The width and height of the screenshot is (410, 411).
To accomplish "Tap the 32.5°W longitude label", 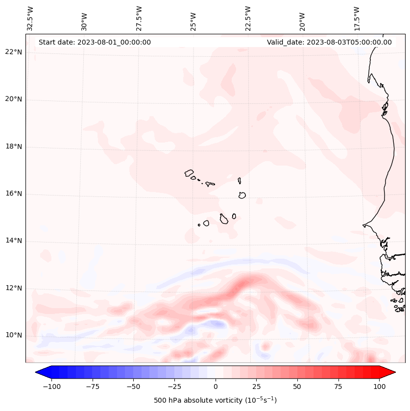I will pyautogui.click(x=30, y=18).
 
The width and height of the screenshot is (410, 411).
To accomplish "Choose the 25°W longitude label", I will pyautogui.click(x=193, y=19).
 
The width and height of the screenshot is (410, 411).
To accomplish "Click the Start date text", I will pyautogui.click(x=95, y=42).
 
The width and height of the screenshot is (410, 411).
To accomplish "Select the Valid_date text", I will pyautogui.click(x=329, y=42).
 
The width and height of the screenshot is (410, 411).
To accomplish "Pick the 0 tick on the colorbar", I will pyautogui.click(x=216, y=387).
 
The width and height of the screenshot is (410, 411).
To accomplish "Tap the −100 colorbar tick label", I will pyautogui.click(x=51, y=387).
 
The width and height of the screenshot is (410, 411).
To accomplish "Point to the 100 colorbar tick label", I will pyautogui.click(x=379, y=387).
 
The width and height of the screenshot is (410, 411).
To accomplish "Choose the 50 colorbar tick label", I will pyautogui.click(x=297, y=387).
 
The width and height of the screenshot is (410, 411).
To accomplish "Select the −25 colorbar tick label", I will pyautogui.click(x=174, y=387).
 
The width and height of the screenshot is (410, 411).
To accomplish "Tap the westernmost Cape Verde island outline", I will pyautogui.click(x=189, y=173).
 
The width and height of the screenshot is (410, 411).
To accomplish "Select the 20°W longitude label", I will pyautogui.click(x=302, y=19).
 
